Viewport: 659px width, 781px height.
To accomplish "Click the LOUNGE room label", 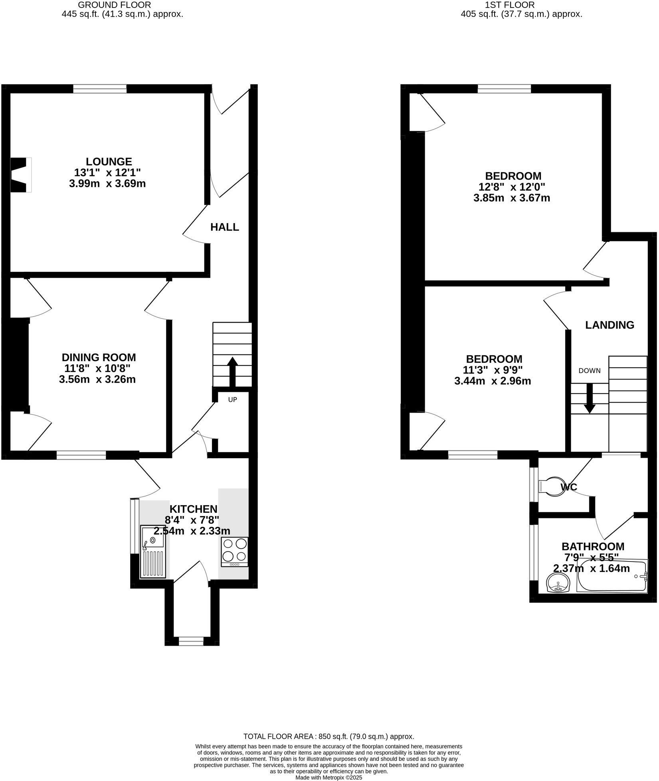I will click(x=109, y=162).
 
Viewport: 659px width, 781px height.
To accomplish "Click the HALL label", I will click(x=225, y=227).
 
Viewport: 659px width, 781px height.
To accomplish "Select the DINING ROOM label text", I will click(x=99, y=357).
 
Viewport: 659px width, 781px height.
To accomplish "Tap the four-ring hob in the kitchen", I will click(x=234, y=552).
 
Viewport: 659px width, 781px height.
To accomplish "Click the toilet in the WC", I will click(x=550, y=486).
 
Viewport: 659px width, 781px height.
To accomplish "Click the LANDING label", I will click(x=610, y=325).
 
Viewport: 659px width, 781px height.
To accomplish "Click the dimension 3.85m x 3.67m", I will click(x=512, y=198).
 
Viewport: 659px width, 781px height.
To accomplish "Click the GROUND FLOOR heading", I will click(x=114, y=5).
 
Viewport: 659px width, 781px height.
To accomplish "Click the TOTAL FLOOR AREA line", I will click(x=329, y=736).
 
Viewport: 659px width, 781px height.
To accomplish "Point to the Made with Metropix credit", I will click(x=329, y=777).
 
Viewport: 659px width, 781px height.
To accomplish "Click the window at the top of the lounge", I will click(x=100, y=89).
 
